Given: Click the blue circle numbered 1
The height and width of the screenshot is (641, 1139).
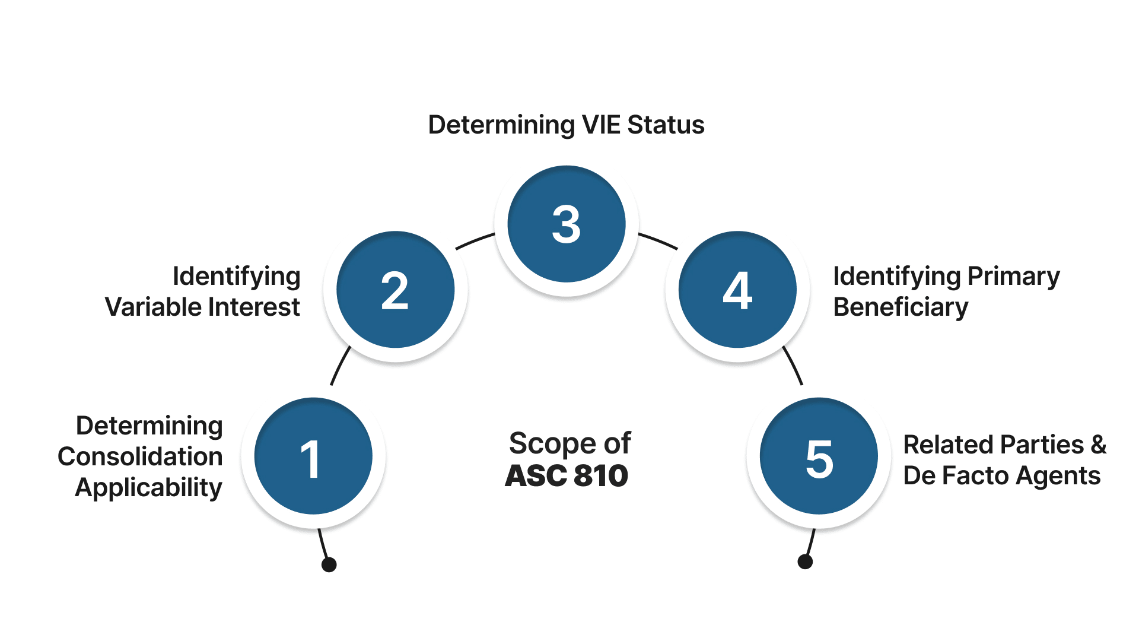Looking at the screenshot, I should (313, 456).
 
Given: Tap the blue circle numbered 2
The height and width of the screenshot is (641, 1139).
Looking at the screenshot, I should (395, 290).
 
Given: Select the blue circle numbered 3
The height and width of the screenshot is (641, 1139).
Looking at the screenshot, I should (567, 224).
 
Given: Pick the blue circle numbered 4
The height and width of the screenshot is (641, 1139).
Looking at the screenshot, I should (737, 290).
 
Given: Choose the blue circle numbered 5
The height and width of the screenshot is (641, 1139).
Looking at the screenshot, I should (819, 456).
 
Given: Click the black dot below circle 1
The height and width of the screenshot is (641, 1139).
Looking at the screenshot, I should (329, 564).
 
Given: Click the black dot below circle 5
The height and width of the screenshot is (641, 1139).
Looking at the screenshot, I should (805, 561).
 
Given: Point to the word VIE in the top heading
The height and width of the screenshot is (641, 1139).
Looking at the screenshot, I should (601, 125).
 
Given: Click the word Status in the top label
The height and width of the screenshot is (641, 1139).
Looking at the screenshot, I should (666, 125).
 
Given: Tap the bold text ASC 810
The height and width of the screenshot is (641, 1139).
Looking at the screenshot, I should (567, 476).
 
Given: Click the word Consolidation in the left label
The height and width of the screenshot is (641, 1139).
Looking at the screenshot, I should (140, 456).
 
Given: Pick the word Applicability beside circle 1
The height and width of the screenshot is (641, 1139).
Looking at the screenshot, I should (148, 488).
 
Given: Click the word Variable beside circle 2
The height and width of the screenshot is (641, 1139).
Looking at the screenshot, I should (153, 307).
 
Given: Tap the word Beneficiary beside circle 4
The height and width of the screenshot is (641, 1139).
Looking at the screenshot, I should (901, 307).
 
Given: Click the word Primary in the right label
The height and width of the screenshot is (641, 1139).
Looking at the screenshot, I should (1013, 277).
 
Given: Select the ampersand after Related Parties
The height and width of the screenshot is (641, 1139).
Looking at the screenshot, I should (1098, 445).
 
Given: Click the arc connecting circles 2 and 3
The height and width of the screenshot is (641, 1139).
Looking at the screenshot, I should (474, 240).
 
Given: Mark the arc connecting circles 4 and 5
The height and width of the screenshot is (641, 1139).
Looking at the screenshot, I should (793, 365).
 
